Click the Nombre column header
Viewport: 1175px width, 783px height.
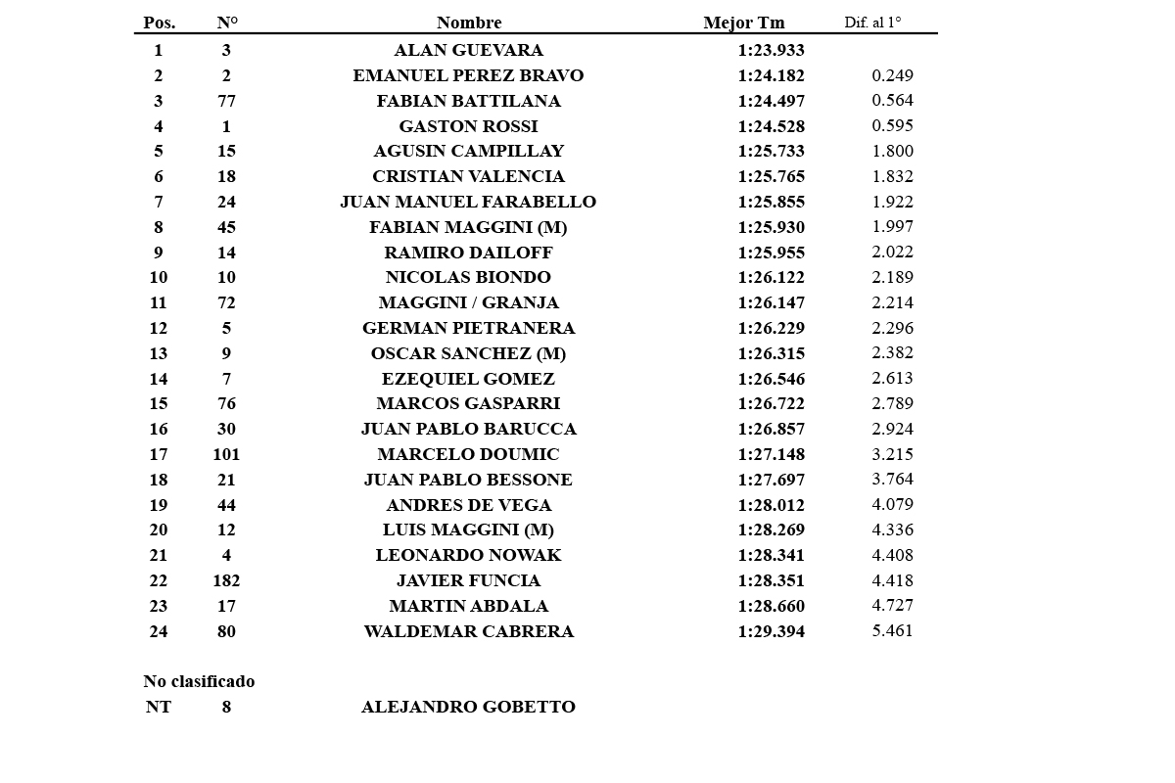point(469,23)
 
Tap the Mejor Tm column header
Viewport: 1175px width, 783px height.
point(743,23)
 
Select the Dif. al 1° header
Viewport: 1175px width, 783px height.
point(872,23)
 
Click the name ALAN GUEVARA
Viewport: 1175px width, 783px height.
point(468,50)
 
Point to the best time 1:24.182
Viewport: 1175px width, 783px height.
point(771,75)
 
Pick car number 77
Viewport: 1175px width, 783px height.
point(226,101)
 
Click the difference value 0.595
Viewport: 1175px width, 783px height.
point(892,125)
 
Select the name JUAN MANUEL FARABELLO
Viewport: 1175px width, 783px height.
point(468,202)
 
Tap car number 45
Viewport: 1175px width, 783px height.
point(226,227)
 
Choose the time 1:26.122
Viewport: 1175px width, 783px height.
point(771,277)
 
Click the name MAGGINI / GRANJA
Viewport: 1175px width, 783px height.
point(468,302)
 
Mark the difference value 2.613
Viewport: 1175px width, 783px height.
point(892,378)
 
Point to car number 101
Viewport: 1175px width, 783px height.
point(226,454)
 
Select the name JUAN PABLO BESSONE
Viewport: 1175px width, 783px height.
point(468,480)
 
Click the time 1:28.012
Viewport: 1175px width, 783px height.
point(771,505)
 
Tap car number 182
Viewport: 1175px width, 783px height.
point(226,580)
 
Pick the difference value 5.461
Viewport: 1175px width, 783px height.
point(892,630)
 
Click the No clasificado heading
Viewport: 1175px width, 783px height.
point(199,681)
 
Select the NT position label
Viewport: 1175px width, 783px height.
point(158,707)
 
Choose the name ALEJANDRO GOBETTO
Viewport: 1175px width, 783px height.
point(468,707)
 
